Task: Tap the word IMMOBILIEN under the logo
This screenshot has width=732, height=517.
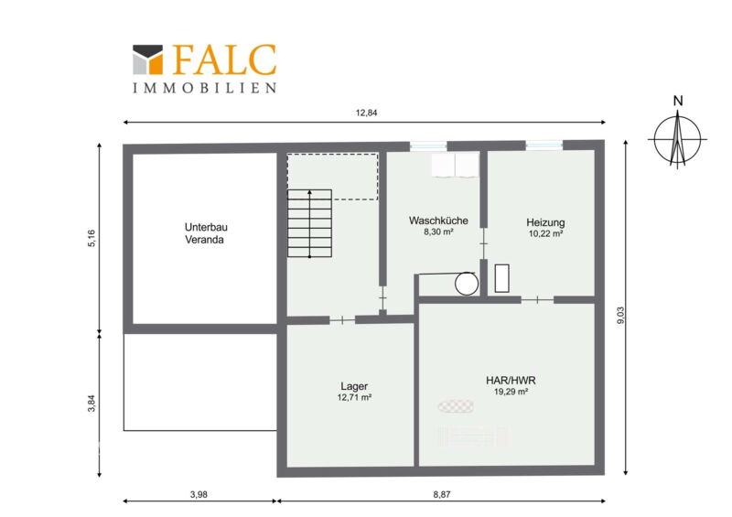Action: (x=204, y=88)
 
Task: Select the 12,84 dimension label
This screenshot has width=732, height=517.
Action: (x=367, y=113)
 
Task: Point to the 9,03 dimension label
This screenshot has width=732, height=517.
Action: (x=620, y=316)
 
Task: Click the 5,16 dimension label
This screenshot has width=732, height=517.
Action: (x=91, y=238)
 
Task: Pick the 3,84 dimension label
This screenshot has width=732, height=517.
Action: (x=91, y=403)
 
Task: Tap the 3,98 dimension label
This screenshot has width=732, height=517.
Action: (x=199, y=494)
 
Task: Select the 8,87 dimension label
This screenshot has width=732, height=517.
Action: (x=442, y=494)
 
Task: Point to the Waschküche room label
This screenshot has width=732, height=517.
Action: (x=438, y=221)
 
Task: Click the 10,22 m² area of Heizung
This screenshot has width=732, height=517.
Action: (x=545, y=233)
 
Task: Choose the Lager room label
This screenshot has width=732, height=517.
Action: (x=354, y=386)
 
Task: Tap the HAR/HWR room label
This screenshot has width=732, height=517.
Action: (x=511, y=380)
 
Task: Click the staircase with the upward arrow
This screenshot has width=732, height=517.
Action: (x=309, y=223)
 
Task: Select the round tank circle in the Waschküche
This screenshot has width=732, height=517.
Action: (x=467, y=284)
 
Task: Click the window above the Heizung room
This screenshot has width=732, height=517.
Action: (x=544, y=145)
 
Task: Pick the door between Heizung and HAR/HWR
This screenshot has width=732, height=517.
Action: (x=537, y=299)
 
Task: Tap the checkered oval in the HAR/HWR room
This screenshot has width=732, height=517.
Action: (x=456, y=406)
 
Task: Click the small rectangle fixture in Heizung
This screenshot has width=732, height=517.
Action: (x=501, y=278)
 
